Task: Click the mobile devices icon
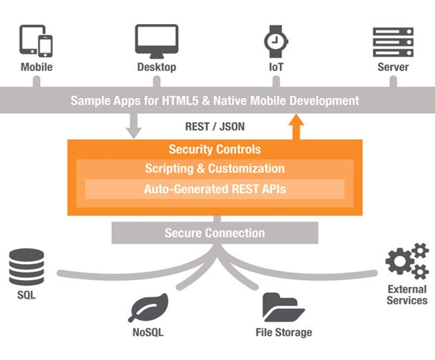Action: point(36,41)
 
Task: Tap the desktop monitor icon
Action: point(156,41)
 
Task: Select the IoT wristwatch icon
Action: point(276,41)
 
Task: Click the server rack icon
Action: point(393,42)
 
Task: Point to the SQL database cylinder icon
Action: point(26,267)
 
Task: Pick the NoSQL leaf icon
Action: point(148,308)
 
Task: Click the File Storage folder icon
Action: point(283,307)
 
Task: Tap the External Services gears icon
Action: point(407,261)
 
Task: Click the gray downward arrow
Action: point(134,126)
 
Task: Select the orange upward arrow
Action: point(296,127)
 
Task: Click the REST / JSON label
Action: point(214,127)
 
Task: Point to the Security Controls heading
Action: point(214,150)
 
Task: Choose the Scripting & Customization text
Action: point(214,168)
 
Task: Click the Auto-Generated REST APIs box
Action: point(215,189)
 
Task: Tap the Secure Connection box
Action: point(214,232)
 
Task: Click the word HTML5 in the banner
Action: point(180,101)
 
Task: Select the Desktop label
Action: point(156,67)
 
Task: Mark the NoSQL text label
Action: point(148,332)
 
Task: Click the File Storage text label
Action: point(284,332)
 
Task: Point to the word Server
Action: point(393,67)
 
